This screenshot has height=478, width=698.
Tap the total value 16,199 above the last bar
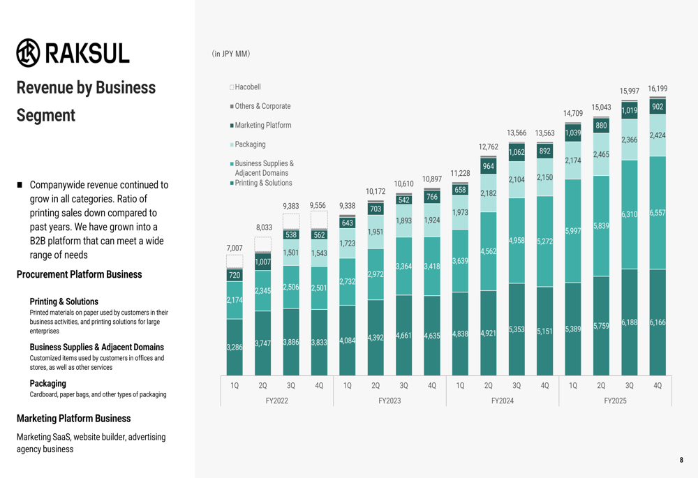(x=657, y=89)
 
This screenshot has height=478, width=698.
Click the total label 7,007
(x=235, y=248)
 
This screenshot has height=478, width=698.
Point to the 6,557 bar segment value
(x=657, y=212)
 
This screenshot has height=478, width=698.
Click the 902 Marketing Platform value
(x=657, y=107)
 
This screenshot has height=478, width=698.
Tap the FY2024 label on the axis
(x=502, y=401)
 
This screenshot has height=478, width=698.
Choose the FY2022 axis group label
(x=276, y=401)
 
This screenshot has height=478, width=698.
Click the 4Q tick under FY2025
(x=657, y=385)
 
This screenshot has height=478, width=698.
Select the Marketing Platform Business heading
(x=73, y=419)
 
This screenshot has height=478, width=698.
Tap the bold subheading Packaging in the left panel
(x=48, y=383)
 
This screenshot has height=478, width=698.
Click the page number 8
(x=681, y=460)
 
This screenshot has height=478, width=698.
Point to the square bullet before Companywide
(x=20, y=186)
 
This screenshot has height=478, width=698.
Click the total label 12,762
(x=488, y=147)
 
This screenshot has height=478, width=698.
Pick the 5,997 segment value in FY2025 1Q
(x=572, y=231)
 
